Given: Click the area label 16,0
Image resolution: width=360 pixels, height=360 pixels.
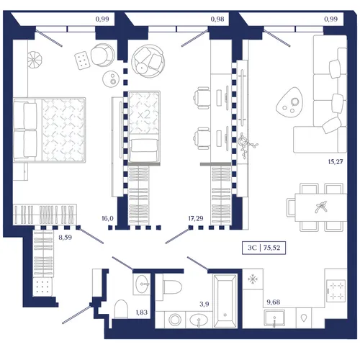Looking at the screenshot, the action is pos(107,218).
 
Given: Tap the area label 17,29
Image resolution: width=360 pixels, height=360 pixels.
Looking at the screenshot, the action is pos(196,218).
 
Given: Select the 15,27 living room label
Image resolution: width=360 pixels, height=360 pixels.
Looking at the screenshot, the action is pos(336,162).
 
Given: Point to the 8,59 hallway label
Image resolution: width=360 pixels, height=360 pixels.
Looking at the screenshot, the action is pos(65,238).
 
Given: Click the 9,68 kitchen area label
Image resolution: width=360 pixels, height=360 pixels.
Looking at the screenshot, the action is pos(274,302).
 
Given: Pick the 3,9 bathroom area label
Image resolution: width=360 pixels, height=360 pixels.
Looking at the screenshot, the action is pos(204,304).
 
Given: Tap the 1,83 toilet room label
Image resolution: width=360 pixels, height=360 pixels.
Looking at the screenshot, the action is pos(141,312).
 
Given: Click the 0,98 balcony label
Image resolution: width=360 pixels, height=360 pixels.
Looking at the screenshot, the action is pos(217,19).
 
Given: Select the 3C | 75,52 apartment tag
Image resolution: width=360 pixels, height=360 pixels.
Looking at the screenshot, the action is pos(264,248).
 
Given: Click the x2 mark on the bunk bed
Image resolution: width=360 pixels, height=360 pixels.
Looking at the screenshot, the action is pos(144,114).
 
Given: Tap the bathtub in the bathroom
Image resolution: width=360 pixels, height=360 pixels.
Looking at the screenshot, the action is pos(225,302).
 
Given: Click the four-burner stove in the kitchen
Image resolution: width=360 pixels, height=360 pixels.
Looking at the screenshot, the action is pos(336,290).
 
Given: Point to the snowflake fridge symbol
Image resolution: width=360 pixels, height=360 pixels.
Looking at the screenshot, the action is pos(253,279).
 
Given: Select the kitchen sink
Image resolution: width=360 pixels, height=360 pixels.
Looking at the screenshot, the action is pos(274,318).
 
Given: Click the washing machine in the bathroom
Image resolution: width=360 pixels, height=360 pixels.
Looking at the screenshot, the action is pos(174,320).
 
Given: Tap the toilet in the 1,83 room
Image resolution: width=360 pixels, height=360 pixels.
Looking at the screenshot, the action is pos(121,309).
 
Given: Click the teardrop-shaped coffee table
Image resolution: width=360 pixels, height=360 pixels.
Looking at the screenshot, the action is pos(290,102).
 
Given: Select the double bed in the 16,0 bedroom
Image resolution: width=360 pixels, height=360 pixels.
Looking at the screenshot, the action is pos(50,130).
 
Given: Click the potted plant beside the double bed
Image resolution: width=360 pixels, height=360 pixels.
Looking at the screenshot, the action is pos(35,59).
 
